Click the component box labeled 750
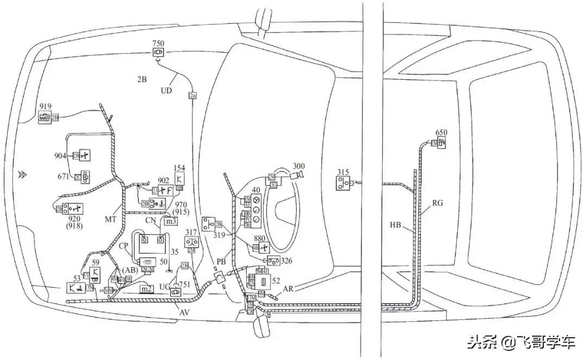point(158,53)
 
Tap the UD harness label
point(166,91)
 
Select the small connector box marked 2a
point(192,96)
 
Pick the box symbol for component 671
point(86,176)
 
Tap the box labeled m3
point(171,222)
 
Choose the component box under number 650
point(442,142)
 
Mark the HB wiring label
point(396,224)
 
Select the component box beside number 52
point(263,283)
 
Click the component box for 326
point(273,261)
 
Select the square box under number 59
point(95,272)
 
